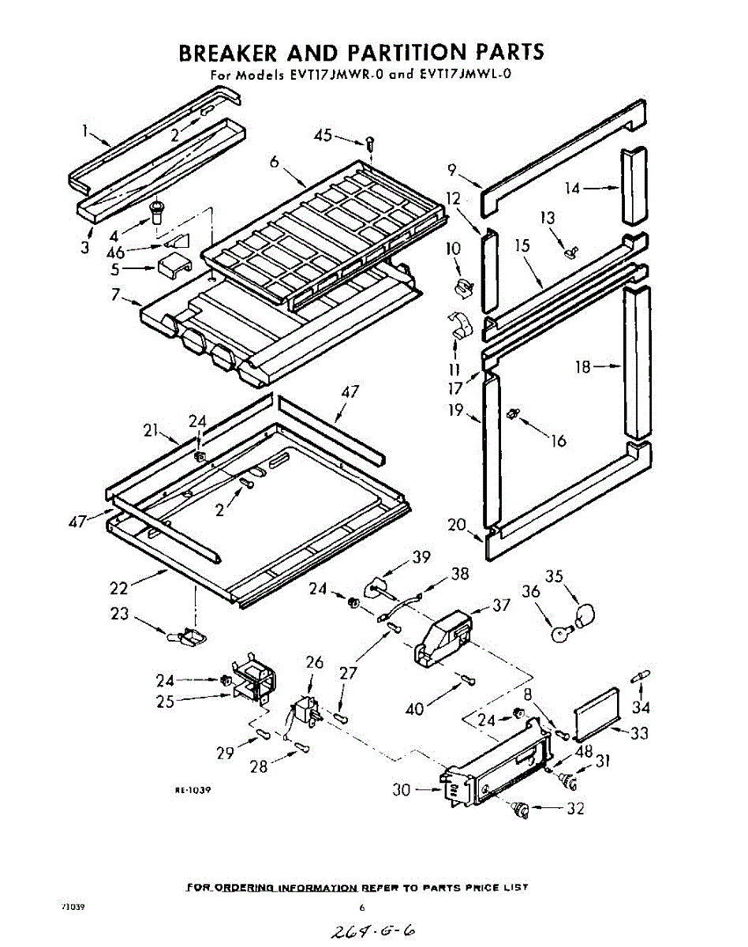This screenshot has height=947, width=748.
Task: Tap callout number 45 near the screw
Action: point(323,136)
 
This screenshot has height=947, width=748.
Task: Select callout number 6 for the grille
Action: point(274,162)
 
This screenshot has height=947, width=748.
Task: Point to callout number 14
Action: point(573,188)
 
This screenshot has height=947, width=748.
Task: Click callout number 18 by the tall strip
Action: point(582,366)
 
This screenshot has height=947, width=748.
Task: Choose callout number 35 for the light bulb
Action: point(555,577)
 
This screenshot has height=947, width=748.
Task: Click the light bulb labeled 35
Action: point(585,613)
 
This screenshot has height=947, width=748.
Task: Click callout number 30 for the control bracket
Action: point(402,788)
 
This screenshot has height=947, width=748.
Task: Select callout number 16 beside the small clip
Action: point(558,440)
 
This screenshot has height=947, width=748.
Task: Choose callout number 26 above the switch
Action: point(315,662)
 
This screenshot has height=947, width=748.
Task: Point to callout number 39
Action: point(421,557)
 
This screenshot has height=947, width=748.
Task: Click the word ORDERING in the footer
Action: point(245,888)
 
